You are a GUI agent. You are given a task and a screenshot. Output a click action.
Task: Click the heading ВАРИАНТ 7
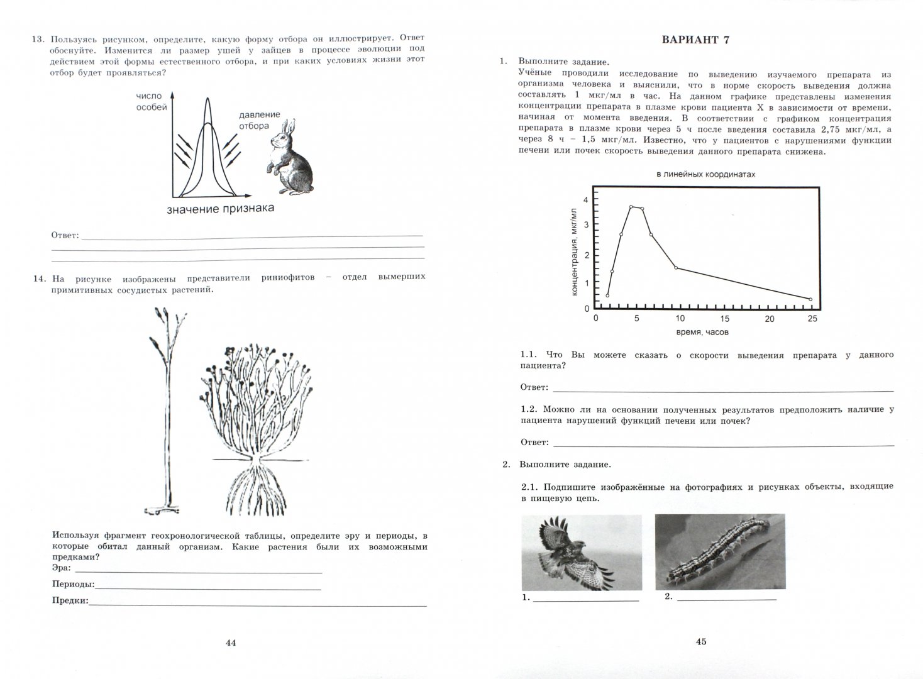pos(695,40)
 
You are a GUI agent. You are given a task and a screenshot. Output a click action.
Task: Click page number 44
pos(230,643)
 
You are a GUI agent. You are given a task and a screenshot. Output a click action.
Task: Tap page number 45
pos(701,642)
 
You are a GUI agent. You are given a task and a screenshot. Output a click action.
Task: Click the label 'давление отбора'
pos(259,119)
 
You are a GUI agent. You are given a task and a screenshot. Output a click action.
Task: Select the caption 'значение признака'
pos(221,208)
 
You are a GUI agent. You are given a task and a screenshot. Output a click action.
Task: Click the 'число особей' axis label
pos(151,101)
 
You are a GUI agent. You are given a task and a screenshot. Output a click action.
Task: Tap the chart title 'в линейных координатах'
pos(705,174)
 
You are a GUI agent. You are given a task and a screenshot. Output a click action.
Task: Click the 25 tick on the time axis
pos(812,319)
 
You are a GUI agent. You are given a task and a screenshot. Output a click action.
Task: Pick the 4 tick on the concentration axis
pos(586,200)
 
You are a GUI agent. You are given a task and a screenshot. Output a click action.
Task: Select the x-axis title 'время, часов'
pos(702,332)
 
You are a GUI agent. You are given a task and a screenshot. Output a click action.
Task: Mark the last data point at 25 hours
pos(810,299)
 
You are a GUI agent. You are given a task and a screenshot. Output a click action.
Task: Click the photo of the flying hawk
pos(582,553)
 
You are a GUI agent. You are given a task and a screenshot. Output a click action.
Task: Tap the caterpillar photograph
pos(720,553)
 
